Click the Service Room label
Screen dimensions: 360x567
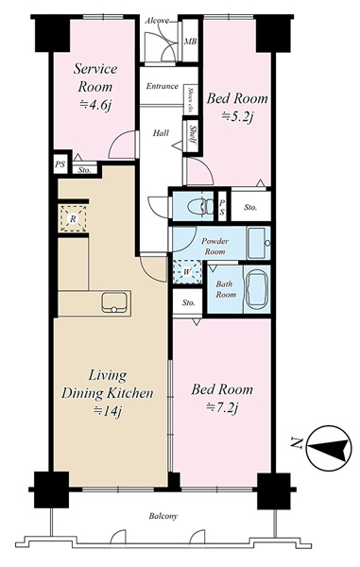coord(95,77)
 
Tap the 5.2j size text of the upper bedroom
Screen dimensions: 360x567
coord(236,116)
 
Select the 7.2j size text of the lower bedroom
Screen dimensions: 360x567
coord(222,408)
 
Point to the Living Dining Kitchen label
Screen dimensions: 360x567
coord(108,384)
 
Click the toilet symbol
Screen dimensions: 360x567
coord(201,207)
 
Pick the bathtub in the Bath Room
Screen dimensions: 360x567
coord(257,289)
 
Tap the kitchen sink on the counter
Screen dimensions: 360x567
coord(114,302)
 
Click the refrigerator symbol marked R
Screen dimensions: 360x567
coord(73,218)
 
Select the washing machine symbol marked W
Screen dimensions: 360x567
coord(187,272)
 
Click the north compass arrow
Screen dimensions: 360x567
coord(329,448)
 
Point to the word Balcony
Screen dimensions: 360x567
coord(163,516)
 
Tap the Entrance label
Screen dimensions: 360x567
coord(163,86)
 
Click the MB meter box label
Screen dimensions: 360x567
coord(191,42)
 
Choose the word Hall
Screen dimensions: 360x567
coord(161,133)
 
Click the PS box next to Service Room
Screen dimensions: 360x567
coord(60,164)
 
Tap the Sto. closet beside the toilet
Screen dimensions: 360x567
coord(250,207)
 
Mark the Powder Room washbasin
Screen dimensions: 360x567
coord(258,243)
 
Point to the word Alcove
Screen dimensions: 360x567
coord(157,21)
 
